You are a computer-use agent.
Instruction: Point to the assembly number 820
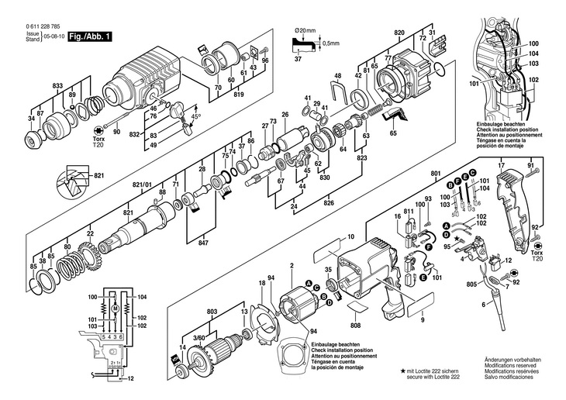coord(399,32)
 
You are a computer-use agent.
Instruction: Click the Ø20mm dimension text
coord(305,30)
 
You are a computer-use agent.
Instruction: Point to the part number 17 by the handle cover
coord(501,166)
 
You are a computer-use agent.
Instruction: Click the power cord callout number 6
coord(483,307)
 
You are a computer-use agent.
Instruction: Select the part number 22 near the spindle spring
coord(90,233)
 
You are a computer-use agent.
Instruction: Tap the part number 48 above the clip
coord(337,75)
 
